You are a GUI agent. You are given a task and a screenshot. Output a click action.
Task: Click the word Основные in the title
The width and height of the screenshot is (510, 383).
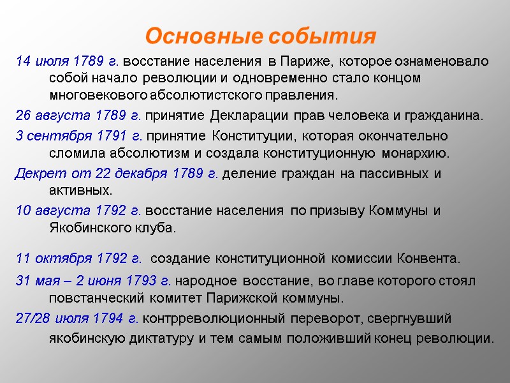[202, 36]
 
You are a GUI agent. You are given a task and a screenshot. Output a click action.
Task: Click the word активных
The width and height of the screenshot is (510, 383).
[80, 191]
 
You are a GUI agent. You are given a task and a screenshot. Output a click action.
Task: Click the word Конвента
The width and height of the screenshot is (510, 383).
[428, 259]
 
